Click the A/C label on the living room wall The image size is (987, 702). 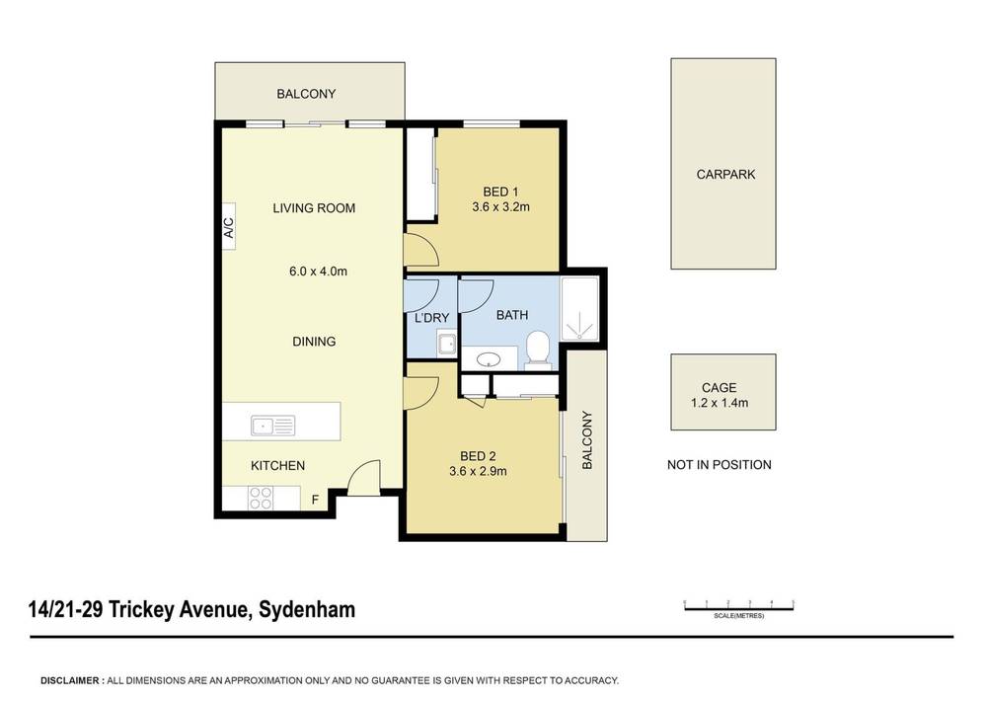pos(228,229)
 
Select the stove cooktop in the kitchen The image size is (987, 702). pos(261,499)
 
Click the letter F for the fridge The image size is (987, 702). pos(315,500)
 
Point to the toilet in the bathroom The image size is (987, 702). pos(537,348)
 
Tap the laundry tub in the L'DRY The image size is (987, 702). pos(446,346)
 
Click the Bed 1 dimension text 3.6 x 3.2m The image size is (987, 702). pos(501,207)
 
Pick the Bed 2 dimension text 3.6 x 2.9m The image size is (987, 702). pos(478,471)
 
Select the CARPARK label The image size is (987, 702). pos(725,175)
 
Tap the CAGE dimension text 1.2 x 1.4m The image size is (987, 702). pos(720,404)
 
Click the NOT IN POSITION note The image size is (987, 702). pos(720,465)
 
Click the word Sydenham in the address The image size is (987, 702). pos(306,609)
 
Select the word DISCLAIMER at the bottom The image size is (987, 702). pos(71,680)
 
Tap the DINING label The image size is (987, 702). pos(314,342)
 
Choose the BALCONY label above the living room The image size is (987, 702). pos(306,94)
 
